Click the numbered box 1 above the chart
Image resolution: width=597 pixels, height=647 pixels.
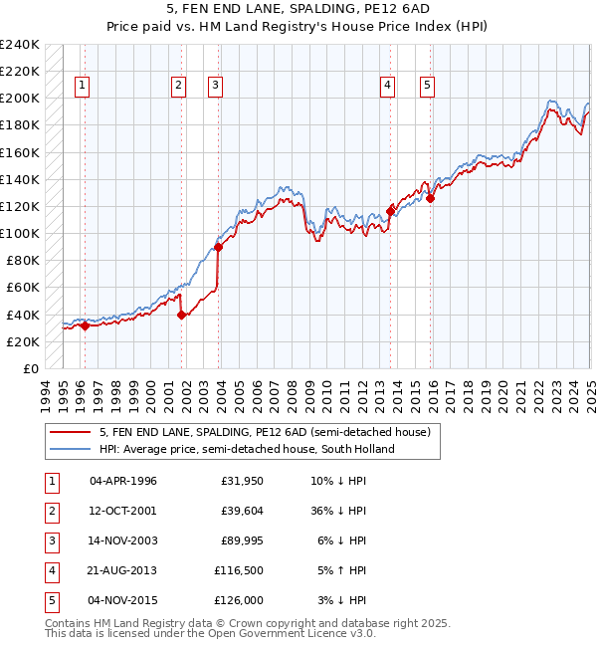(x=81, y=86)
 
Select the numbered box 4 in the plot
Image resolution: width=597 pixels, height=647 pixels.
(x=386, y=86)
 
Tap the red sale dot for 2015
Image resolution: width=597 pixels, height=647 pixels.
(x=431, y=198)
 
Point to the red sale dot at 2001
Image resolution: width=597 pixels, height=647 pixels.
(x=182, y=315)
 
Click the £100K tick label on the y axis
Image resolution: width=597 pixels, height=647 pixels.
(x=20, y=233)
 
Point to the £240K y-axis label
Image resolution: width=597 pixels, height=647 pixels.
(x=20, y=45)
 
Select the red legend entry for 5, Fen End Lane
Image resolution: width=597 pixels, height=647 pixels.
(x=264, y=432)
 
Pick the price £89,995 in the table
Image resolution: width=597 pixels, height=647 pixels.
(x=238, y=540)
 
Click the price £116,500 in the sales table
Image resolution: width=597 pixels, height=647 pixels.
(x=238, y=570)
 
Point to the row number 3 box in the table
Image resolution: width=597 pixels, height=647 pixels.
(x=51, y=540)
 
